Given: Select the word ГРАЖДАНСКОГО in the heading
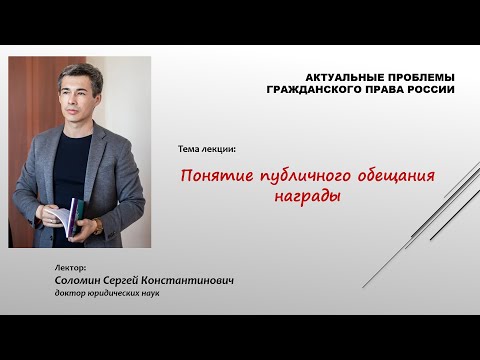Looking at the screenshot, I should [x=315, y=89].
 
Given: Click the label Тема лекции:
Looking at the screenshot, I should [x=207, y=150].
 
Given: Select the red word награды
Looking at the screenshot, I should [x=307, y=196].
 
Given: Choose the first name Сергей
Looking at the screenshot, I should [x=141, y=281].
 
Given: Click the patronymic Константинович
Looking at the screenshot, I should [x=199, y=281].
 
